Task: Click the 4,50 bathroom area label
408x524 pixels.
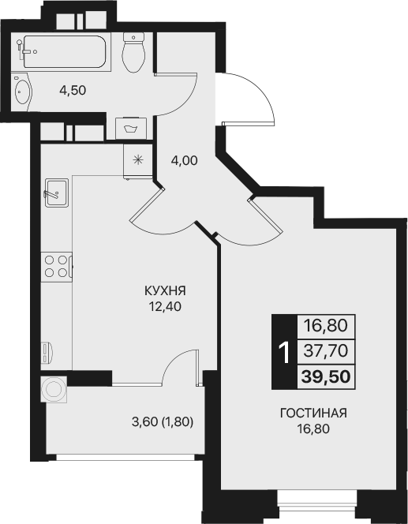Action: (x=73, y=89)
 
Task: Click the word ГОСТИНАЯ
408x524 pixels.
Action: (x=313, y=414)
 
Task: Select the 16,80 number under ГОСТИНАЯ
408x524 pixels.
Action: (x=313, y=429)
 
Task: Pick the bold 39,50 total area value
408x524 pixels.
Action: (x=326, y=375)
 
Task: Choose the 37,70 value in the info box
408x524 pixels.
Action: (x=326, y=350)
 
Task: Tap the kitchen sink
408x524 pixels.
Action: (x=55, y=192)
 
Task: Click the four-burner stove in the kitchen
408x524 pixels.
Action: (x=55, y=264)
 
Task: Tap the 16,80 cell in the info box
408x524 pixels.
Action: (x=326, y=324)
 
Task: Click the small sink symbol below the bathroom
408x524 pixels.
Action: (x=130, y=126)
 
